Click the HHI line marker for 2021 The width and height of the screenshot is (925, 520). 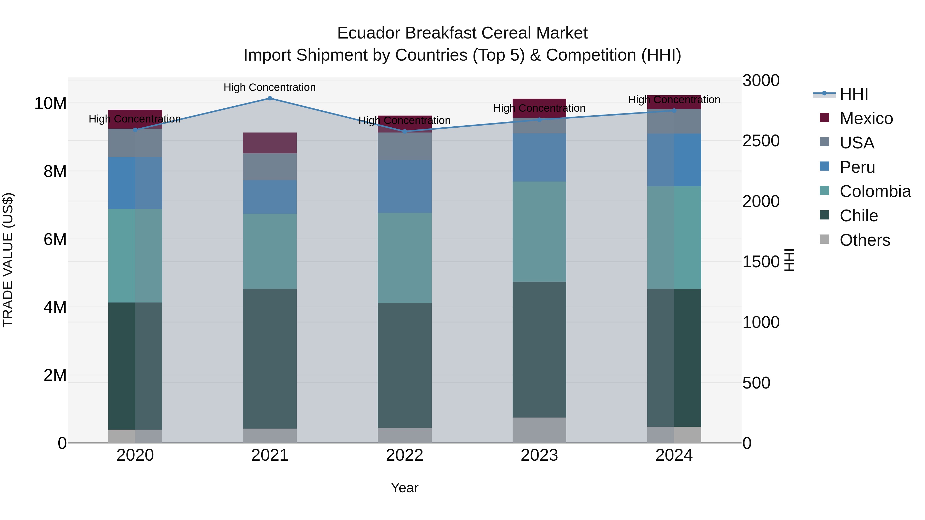270,98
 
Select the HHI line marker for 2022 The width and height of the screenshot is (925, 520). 405,132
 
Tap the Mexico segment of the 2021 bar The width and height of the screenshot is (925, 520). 270,143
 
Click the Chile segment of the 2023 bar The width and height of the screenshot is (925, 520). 539,349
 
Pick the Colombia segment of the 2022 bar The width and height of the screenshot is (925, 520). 405,258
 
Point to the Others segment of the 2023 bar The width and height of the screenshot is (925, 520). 539,430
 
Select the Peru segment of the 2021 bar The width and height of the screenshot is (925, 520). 270,197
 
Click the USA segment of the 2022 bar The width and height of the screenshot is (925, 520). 405,146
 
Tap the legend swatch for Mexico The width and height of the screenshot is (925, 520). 824,118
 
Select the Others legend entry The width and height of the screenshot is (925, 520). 864,240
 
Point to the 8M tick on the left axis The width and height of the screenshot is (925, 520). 55,171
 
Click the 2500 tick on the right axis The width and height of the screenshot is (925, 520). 761,141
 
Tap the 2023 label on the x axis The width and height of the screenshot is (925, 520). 539,455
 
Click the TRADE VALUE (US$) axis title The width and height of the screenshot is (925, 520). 8,260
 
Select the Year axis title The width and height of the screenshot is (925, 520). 405,488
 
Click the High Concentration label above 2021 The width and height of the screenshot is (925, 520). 270,87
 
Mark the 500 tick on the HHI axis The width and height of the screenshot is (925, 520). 756,383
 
